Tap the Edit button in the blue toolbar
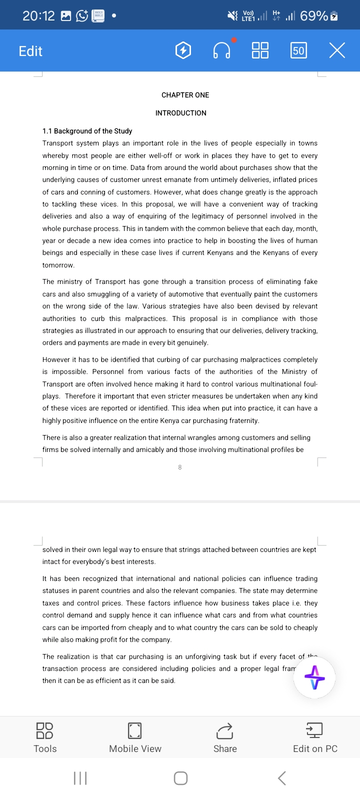pyautogui.click(x=30, y=51)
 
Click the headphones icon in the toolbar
pyautogui.click(x=221, y=50)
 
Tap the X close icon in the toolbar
pyautogui.click(x=337, y=50)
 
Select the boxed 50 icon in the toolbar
pyautogui.click(x=298, y=50)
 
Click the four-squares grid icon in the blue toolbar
pyautogui.click(x=260, y=50)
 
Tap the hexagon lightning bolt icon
pyautogui.click(x=183, y=50)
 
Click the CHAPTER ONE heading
pyautogui.click(x=185, y=95)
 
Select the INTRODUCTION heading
pyautogui.click(x=180, y=113)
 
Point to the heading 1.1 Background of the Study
pyautogui.click(x=87, y=131)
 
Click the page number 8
pyautogui.click(x=180, y=467)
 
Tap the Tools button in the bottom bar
pyautogui.click(x=45, y=737)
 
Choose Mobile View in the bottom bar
pyautogui.click(x=135, y=737)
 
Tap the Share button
pyautogui.click(x=225, y=737)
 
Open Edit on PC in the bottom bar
pyautogui.click(x=315, y=737)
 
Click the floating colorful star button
pyautogui.click(x=314, y=678)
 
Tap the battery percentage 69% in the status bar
pyautogui.click(x=314, y=16)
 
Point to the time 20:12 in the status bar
pyautogui.click(x=38, y=16)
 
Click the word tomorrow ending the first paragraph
pyautogui.click(x=58, y=265)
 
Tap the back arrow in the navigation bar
pyautogui.click(x=282, y=778)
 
